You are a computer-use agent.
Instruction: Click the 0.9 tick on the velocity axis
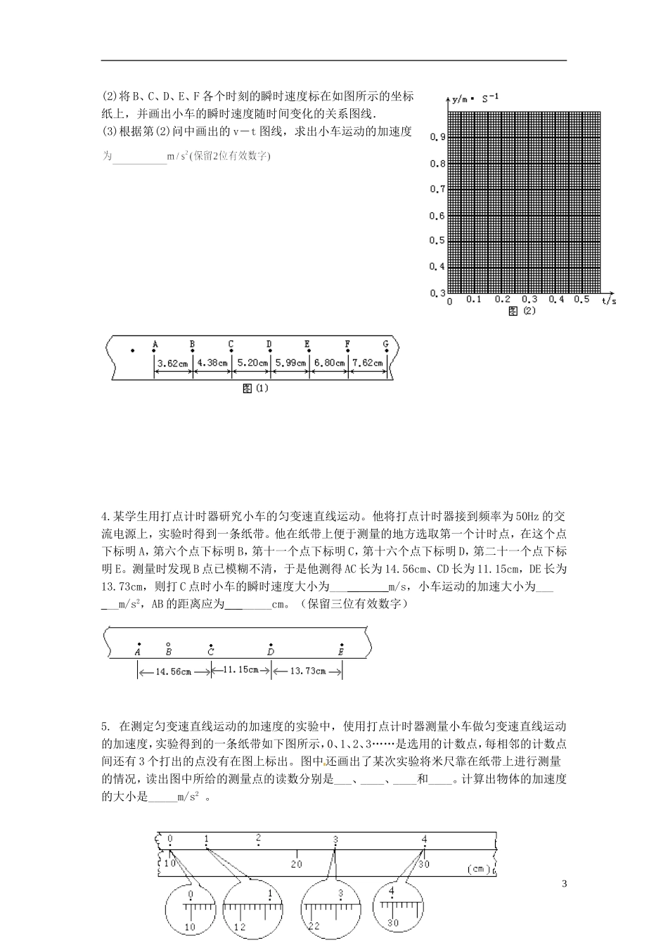(437, 138)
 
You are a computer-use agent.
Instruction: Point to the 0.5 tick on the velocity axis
(437, 241)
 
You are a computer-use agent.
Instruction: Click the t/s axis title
(609, 301)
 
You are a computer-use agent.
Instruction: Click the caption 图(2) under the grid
(522, 311)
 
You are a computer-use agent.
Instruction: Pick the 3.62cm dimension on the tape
(173, 364)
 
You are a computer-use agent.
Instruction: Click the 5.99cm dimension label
(289, 364)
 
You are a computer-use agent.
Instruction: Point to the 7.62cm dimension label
(367, 364)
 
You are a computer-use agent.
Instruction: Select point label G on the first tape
(385, 345)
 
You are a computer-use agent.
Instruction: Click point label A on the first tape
(155, 345)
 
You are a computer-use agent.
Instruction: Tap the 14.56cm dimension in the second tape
(174, 672)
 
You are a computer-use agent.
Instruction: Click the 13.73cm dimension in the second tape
(307, 671)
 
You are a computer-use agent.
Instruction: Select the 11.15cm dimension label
(240, 670)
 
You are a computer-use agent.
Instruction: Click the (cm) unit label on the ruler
(478, 869)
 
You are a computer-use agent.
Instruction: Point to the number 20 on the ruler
(297, 863)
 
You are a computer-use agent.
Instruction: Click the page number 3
(564, 884)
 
